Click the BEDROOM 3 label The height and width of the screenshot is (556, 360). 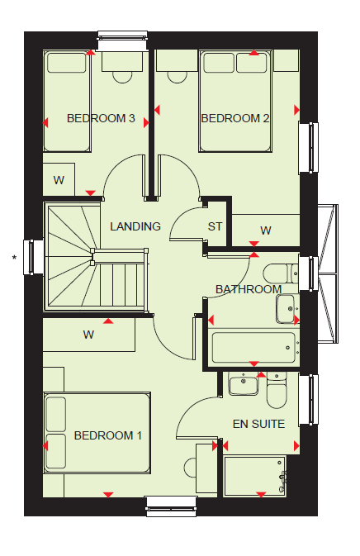pos(101,118)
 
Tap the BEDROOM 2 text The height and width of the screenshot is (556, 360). pos(235,118)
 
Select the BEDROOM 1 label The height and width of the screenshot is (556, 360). pos(108,435)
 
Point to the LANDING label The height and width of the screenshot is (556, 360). pos(135,226)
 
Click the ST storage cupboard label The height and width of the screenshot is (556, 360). pos(215,226)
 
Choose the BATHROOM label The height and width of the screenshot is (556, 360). pos(249,289)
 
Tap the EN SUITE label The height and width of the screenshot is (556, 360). pos(258,424)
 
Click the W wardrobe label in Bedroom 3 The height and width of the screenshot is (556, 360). pos(59,180)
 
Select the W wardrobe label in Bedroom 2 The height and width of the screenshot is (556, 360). pos(266,230)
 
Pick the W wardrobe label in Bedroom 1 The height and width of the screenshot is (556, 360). pos(88,335)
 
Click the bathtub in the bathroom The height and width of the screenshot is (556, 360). pos(253,348)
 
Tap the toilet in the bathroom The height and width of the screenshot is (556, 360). pos(281,273)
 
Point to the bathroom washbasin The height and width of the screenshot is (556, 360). pos(286,308)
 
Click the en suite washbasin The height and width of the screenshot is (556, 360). pos(244,386)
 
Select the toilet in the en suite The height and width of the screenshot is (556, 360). pos(277,391)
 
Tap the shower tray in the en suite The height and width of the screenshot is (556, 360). pos(255,476)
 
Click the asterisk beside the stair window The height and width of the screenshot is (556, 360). pos(14,258)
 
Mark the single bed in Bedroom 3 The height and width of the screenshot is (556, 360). pos(67,102)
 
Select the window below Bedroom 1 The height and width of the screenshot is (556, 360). pos(172,506)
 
